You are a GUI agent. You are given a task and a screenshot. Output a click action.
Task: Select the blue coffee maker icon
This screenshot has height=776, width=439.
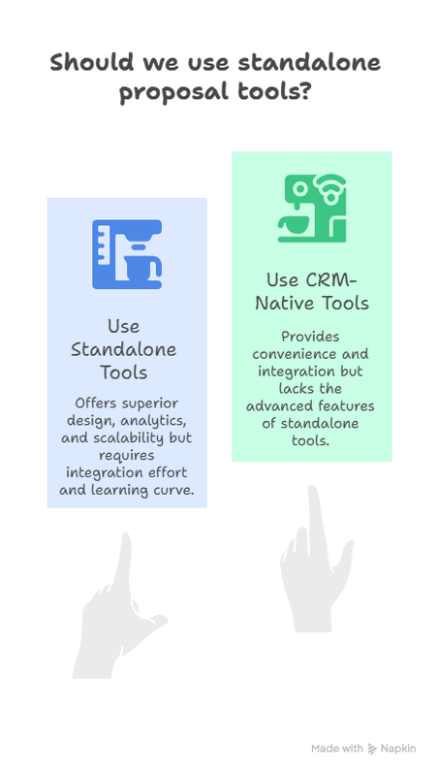click(x=127, y=254)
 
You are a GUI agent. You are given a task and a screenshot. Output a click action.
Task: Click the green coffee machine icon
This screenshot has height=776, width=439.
click(x=310, y=208)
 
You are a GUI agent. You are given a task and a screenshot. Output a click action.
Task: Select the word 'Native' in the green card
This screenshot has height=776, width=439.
click(x=279, y=304)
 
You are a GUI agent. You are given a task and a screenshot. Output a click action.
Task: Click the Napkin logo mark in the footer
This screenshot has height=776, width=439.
click(x=373, y=749)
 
